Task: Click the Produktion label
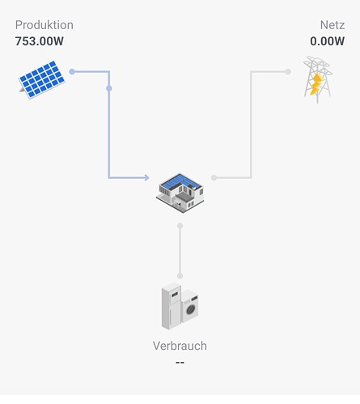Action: click(44, 25)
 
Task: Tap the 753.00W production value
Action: click(40, 41)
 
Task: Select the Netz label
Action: click(332, 25)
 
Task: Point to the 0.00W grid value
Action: click(327, 41)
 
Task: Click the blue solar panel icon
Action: click(41, 79)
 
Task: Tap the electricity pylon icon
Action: click(317, 79)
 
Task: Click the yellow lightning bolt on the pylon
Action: click(316, 84)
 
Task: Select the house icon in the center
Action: click(180, 193)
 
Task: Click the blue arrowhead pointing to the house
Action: click(146, 177)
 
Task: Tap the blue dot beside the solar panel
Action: click(72, 71)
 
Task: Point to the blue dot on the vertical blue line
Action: click(109, 88)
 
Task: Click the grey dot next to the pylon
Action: click(288, 71)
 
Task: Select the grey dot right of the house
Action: click(214, 177)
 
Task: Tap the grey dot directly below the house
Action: click(180, 226)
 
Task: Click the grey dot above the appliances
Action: click(180, 275)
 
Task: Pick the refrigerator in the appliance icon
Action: click(171, 306)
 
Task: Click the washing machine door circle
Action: click(191, 309)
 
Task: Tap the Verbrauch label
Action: click(180, 346)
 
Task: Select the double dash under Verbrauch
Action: click(180, 363)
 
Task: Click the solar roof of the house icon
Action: click(180, 181)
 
